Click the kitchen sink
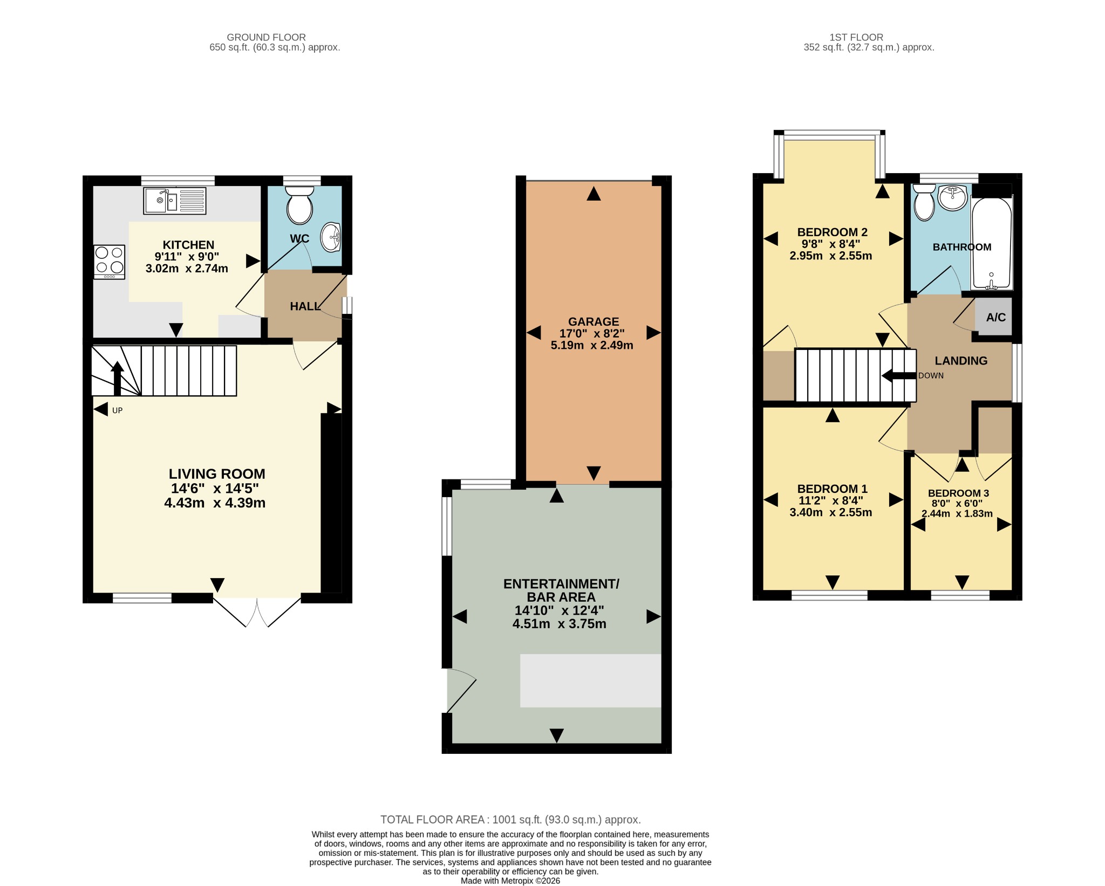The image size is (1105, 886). point(175,201)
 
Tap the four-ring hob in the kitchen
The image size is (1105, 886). point(110,262)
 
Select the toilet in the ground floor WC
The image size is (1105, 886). point(299,205)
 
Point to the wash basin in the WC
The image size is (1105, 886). point(331,237)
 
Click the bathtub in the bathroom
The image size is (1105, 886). point(992,242)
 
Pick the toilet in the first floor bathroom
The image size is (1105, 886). point(924,203)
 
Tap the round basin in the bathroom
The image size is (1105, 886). point(953,197)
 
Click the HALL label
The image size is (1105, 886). point(305,306)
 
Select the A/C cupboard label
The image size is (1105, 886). point(996,317)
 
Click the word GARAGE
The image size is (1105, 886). point(594,321)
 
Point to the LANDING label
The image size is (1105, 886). point(961,361)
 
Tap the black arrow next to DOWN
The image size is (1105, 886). point(899,375)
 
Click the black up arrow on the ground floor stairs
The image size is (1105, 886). point(117,379)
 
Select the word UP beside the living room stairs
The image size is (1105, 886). point(117,410)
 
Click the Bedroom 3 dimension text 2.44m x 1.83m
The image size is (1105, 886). point(957,513)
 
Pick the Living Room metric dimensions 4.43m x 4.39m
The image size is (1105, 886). point(215,503)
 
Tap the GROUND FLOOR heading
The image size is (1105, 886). point(266,37)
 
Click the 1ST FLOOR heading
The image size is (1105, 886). point(856,37)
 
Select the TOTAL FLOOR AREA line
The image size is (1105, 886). point(510,820)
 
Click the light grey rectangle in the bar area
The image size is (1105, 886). point(590,681)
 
